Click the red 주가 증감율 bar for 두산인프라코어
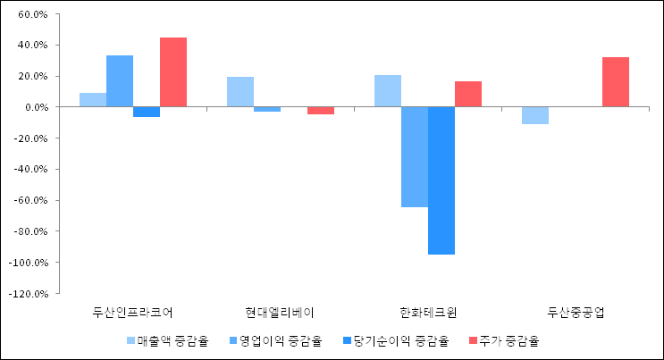(x=173, y=72)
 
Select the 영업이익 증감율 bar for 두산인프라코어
(x=120, y=81)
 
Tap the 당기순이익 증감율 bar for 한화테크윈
(x=441, y=180)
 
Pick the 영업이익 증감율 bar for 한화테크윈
(x=415, y=157)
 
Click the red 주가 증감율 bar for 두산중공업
(x=616, y=82)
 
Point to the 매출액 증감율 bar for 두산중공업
(x=535, y=115)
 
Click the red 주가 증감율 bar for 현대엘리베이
(x=321, y=111)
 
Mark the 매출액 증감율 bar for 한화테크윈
(x=388, y=91)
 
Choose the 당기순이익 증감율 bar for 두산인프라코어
(x=147, y=112)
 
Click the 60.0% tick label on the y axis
(x=32, y=14)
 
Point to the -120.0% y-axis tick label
(x=29, y=293)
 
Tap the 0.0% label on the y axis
(x=35, y=107)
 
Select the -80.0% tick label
(x=31, y=231)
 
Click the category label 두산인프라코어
(x=133, y=313)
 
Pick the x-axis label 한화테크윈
(x=428, y=313)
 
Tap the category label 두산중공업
(x=576, y=313)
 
